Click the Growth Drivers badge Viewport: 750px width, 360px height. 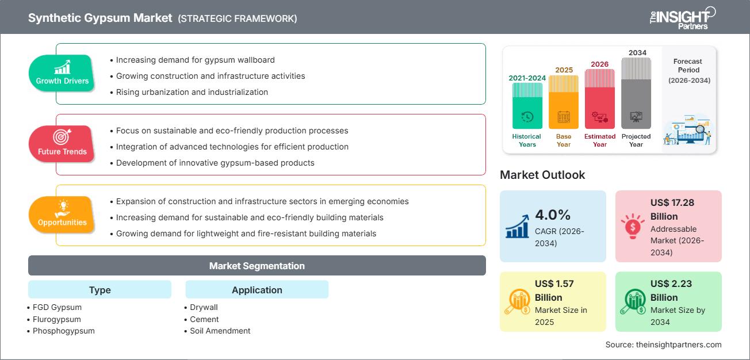pos(62,74)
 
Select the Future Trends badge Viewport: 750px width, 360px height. pos(62,144)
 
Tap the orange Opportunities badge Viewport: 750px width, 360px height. pos(62,215)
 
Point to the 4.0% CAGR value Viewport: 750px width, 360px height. pos(552,215)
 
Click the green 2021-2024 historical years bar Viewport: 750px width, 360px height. pos(527,106)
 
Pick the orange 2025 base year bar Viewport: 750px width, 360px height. pos(563,102)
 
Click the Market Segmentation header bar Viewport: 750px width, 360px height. pos(257,266)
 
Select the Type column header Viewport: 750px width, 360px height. pos(100,290)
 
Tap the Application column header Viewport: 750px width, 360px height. pos(257,290)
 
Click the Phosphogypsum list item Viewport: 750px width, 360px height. pos(64,331)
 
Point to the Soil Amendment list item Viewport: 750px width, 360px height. pos(220,331)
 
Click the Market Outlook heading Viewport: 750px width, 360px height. pos(542,175)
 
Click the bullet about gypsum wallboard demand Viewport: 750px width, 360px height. pos(195,60)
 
